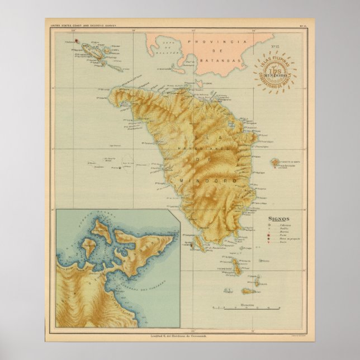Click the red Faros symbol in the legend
pos(269,240)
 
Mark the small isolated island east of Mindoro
pos(275,163)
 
